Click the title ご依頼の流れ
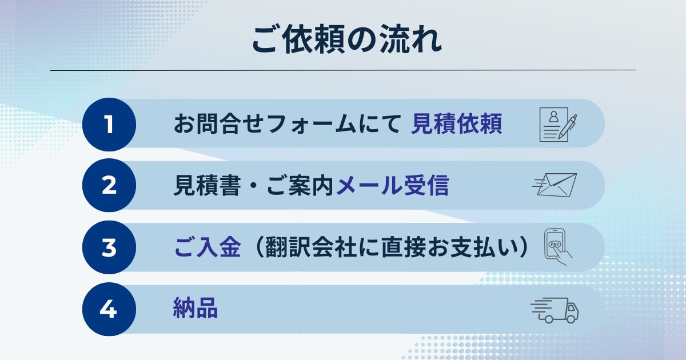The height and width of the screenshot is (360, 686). click(347, 41)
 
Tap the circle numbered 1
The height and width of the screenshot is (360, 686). click(109, 125)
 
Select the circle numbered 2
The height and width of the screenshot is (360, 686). click(109, 185)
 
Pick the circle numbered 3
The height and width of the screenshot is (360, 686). click(109, 247)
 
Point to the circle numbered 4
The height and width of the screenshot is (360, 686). click(109, 309)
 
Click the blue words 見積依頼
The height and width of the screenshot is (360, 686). click(456, 124)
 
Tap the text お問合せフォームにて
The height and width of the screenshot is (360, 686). click(287, 124)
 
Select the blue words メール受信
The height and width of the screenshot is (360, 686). click(393, 186)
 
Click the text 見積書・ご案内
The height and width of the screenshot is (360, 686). click(253, 186)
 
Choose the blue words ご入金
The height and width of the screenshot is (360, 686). click(208, 247)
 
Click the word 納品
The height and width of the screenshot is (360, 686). click(196, 308)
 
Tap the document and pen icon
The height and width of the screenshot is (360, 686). click(558, 125)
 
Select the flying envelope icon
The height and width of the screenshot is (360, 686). click(555, 185)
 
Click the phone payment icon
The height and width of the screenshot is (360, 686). click(558, 247)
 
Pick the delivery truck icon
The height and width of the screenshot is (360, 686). click(555, 310)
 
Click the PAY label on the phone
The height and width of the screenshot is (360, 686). click(555, 245)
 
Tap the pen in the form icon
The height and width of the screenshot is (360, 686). click(568, 127)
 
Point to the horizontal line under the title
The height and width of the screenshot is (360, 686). click(343, 70)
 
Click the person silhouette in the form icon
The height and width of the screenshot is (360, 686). click(553, 117)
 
